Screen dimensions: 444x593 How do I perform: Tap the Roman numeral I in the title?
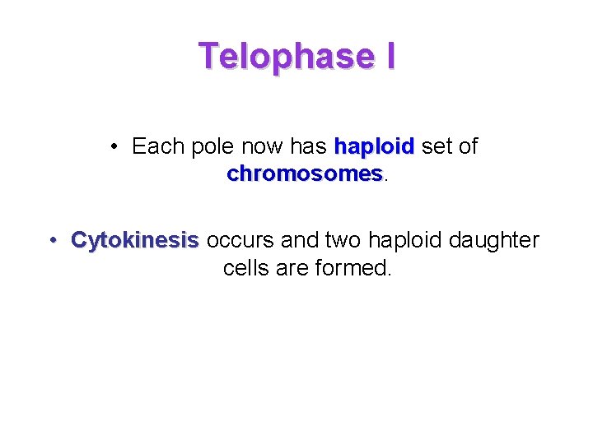tap(388, 56)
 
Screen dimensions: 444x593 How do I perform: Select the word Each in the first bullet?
tap(158, 147)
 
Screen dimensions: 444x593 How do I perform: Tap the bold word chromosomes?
tap(304, 174)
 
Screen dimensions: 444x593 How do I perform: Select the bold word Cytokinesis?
tap(135, 240)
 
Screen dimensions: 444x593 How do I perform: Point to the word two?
tap(343, 240)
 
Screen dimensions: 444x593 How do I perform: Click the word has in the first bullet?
tap(310, 147)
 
